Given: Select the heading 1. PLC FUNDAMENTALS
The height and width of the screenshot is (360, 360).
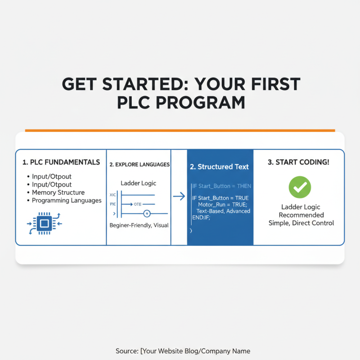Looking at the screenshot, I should tap(61, 162).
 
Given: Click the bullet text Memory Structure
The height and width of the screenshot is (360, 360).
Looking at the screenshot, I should tap(58, 193).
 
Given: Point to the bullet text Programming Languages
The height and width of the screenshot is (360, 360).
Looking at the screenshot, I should tap(67, 200).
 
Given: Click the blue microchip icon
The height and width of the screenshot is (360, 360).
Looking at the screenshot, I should tap(44, 223).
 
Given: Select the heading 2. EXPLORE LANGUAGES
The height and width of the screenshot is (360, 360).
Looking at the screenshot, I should tap(139, 165).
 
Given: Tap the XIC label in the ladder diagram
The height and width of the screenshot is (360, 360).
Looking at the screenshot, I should tap(112, 195).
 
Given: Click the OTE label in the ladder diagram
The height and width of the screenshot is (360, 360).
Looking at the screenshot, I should tap(138, 204).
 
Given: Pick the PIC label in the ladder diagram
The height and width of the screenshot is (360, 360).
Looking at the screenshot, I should tap(112, 204).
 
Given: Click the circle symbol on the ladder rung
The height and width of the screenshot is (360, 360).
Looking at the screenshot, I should tap(146, 213).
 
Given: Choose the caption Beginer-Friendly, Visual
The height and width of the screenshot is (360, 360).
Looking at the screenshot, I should tap(139, 225).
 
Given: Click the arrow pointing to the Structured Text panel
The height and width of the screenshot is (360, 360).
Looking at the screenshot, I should tap(179, 196).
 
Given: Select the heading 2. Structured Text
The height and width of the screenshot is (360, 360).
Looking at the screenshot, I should tap(219, 166).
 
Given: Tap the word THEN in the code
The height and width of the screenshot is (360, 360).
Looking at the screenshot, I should tap(243, 186).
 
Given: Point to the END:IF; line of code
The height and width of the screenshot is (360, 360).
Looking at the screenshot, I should tap(201, 217).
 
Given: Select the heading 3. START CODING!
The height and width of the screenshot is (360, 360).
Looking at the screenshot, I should tap(298, 162).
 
